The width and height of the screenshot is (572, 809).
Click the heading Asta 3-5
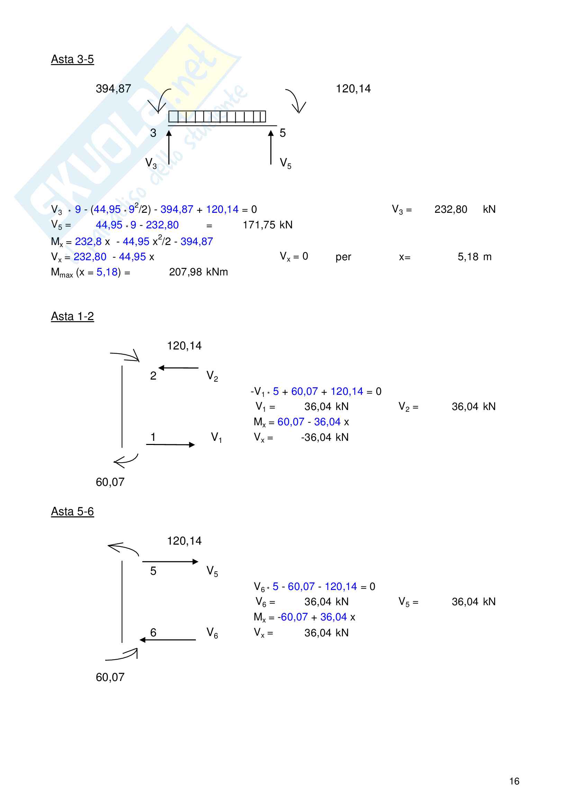click(x=72, y=59)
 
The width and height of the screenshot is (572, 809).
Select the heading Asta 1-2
click(x=72, y=316)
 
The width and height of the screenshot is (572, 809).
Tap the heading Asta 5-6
click(x=72, y=511)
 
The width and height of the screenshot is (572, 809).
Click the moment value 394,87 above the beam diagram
click(x=113, y=89)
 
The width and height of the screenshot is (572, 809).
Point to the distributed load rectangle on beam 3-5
click(x=217, y=116)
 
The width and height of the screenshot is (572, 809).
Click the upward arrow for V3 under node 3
click(x=169, y=147)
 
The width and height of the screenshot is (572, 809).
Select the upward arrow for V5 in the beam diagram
click(x=271, y=147)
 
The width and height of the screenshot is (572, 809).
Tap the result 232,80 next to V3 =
click(x=451, y=210)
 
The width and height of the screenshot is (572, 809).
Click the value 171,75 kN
click(x=267, y=225)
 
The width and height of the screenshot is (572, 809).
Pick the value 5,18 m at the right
click(x=474, y=257)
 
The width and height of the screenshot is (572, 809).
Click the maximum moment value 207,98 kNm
click(x=198, y=272)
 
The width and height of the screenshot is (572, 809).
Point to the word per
click(x=343, y=257)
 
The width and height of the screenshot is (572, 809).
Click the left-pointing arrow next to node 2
click(x=178, y=368)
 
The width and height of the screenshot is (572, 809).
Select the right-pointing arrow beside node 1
click(x=171, y=445)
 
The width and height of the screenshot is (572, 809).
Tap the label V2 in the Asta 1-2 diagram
click(x=212, y=376)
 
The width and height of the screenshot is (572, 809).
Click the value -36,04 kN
click(x=325, y=437)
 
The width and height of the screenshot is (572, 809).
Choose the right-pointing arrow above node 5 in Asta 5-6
click(x=171, y=562)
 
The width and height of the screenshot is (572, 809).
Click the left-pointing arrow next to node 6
click(x=168, y=640)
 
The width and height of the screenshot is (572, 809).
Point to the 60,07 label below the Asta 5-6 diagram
click(x=110, y=677)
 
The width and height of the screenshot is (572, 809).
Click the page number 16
click(x=514, y=781)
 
